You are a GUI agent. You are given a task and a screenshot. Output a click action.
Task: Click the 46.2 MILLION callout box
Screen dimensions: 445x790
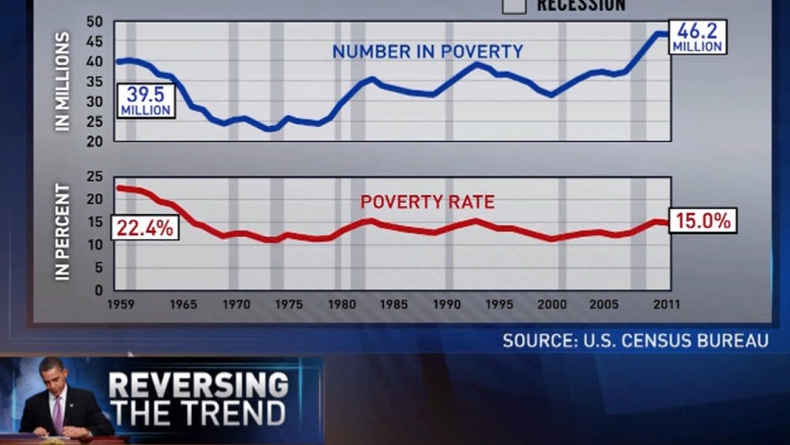click(x=697, y=36)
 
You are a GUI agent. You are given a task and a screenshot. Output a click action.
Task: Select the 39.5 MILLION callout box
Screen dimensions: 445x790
click(x=146, y=100)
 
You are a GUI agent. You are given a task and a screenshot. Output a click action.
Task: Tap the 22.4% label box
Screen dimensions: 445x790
click(x=145, y=228)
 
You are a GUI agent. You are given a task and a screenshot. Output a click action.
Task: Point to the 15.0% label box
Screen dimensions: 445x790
click(x=703, y=221)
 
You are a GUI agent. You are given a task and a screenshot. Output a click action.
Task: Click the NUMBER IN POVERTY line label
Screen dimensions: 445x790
click(x=427, y=52)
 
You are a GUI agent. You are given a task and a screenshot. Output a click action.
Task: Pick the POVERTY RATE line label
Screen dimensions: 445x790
click(x=427, y=202)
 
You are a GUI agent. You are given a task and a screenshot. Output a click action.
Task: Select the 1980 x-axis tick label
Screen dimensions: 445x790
click(x=340, y=304)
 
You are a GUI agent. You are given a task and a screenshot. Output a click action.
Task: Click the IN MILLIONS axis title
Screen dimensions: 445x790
click(x=63, y=81)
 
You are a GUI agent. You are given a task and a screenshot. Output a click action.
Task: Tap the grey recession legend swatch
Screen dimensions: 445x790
click(x=515, y=6)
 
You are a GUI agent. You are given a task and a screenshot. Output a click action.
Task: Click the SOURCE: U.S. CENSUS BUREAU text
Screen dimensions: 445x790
click(x=635, y=341)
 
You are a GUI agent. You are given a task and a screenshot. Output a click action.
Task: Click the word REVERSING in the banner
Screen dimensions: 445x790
click(x=198, y=386)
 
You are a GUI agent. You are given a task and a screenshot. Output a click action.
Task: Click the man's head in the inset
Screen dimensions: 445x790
click(x=51, y=375)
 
